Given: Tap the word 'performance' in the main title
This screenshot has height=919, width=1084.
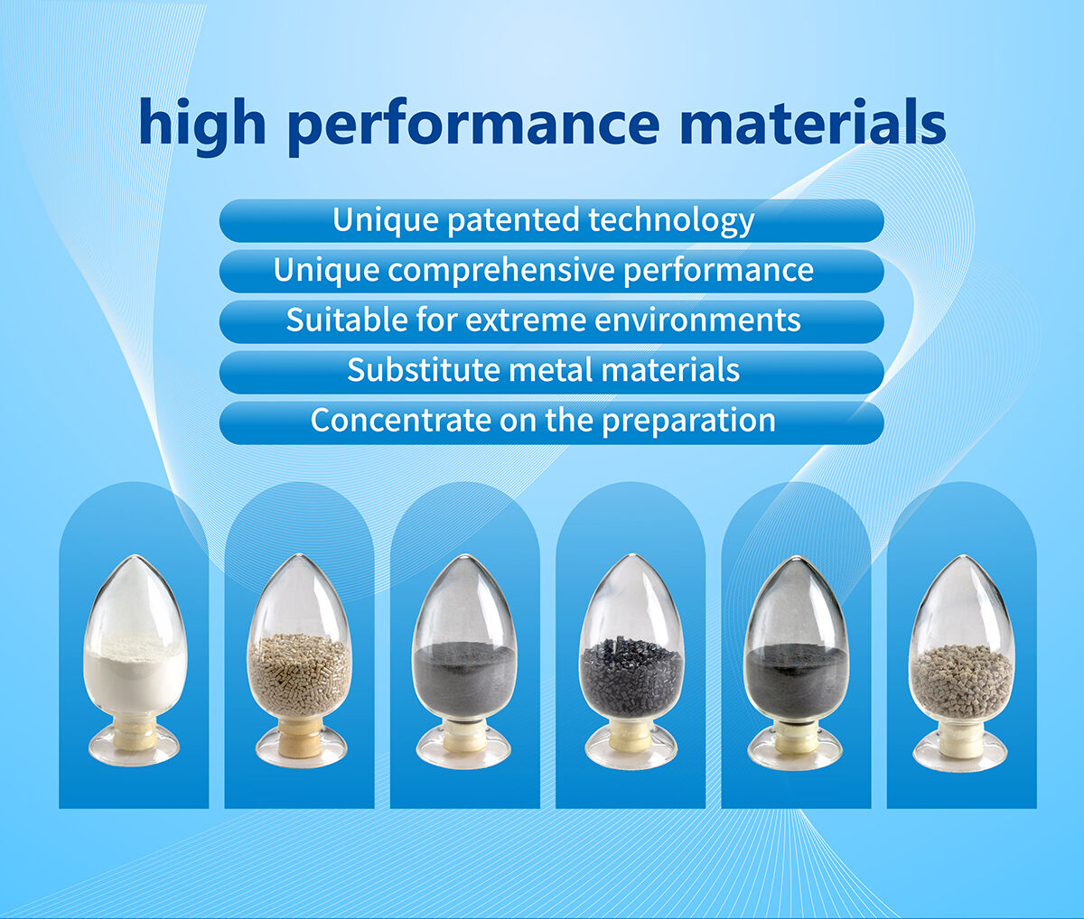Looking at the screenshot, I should point(472,125).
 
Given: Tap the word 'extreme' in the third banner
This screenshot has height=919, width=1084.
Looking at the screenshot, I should point(522,320).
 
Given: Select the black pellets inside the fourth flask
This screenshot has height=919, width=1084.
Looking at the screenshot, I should point(631,675).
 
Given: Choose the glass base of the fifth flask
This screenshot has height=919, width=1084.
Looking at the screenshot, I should point(795,748).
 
